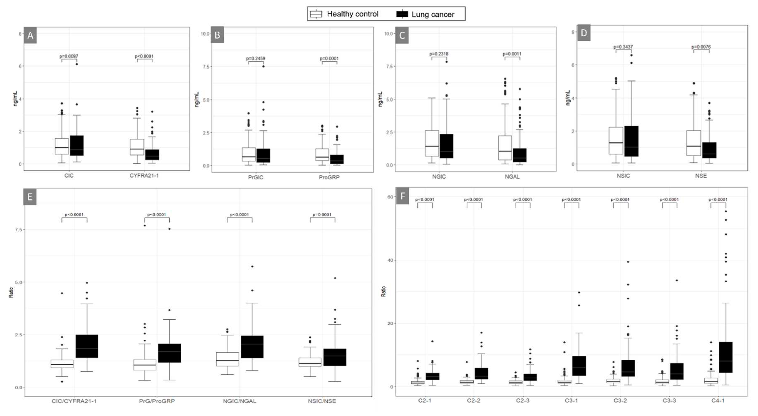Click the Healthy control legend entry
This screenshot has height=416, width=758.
coord(344,14)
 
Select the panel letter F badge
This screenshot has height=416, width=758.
coord(402,196)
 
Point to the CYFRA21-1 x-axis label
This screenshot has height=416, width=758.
coord(144,175)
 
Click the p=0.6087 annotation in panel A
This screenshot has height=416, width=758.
coord(69,56)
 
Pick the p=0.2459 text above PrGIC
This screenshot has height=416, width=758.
coord(255,58)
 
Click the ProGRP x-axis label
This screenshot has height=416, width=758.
coord(329,177)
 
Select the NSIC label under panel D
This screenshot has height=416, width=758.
coord(623,176)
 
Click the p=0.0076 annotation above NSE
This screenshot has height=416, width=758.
coord(701,47)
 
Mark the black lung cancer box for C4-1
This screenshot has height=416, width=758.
coord(726,357)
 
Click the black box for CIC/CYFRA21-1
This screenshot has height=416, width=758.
coord(87,346)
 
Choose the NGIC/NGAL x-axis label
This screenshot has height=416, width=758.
coord(239,401)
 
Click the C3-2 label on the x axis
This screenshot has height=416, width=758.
coord(620,400)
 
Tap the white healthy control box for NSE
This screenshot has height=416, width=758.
coord(694,143)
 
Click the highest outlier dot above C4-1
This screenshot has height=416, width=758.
coord(726,211)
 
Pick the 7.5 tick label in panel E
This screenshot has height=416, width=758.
coord(19,230)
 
